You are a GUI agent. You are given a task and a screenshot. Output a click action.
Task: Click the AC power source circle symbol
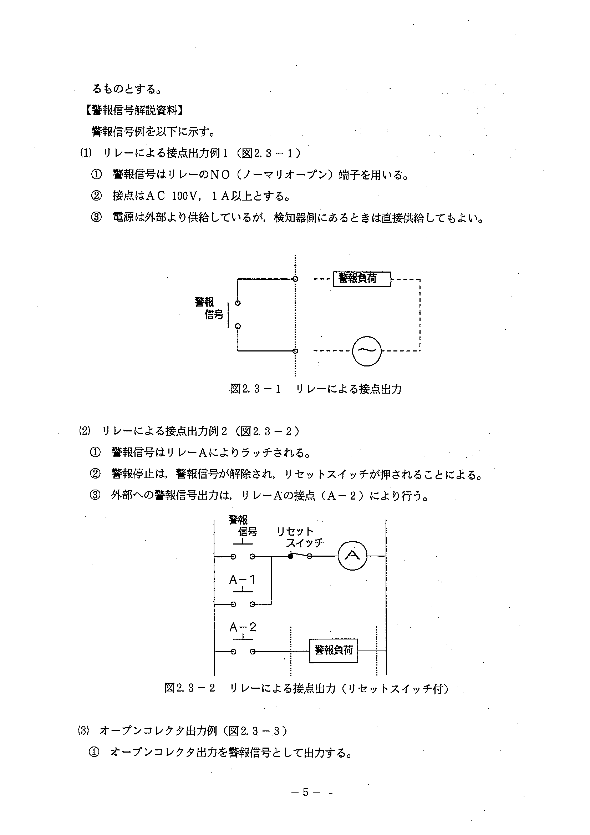367,351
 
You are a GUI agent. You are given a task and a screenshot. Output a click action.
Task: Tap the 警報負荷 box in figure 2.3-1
362,279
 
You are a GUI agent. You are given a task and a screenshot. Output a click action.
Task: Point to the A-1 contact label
243,580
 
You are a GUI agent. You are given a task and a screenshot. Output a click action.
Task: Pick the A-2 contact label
243,627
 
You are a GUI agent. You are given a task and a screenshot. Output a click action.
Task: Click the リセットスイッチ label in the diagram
300,537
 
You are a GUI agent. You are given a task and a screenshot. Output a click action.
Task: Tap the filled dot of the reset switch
290,556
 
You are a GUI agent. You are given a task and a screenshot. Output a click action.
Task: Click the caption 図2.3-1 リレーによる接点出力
316,389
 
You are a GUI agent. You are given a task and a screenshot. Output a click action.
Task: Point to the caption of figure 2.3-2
306,688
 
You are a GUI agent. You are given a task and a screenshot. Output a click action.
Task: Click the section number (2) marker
84,431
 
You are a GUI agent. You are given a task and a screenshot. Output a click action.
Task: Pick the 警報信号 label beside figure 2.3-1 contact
209,308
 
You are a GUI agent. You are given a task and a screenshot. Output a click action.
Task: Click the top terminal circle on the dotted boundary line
296,279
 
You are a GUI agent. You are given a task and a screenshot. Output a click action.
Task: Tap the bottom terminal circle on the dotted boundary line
296,351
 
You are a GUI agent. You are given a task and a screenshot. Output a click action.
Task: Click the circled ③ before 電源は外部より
96,217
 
